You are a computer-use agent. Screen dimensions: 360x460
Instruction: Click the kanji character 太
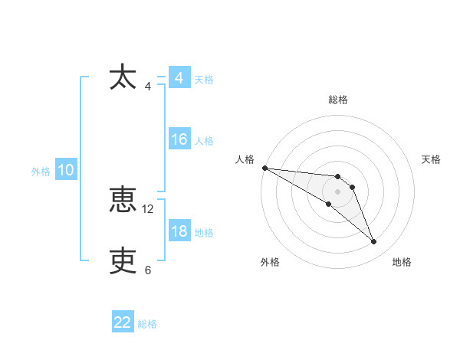tap(123, 78)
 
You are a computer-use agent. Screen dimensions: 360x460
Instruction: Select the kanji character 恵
tap(123, 201)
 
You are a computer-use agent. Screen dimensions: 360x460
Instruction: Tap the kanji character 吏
tap(123, 261)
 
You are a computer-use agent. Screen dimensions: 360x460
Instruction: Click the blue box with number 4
tap(179, 78)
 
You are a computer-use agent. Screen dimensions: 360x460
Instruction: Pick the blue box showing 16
tap(179, 139)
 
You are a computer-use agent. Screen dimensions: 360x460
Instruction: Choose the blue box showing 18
tap(179, 231)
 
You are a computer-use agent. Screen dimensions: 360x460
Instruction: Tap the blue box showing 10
tap(65, 170)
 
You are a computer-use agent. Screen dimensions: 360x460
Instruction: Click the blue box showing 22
tap(123, 322)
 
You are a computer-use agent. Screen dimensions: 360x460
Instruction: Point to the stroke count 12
tap(148, 208)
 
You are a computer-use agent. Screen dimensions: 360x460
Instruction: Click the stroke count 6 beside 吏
tap(148, 270)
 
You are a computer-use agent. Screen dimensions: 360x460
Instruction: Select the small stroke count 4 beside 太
tap(148, 86)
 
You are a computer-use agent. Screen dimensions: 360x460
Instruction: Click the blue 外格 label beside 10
tap(41, 172)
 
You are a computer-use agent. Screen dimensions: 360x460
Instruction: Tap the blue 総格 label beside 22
tap(147, 324)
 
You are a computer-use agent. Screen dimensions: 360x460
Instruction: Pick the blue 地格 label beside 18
tap(204, 233)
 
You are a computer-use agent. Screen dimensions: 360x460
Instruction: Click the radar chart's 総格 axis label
tap(338, 100)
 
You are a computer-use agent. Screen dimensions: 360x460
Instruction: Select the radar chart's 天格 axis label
tap(432, 159)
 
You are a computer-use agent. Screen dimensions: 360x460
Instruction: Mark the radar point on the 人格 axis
tap(264, 168)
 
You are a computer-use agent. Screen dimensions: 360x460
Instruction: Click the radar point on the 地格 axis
tap(374, 242)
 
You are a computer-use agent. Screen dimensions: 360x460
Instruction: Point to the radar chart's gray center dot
tap(338, 191)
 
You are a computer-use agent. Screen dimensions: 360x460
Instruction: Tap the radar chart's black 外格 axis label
tap(270, 263)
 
